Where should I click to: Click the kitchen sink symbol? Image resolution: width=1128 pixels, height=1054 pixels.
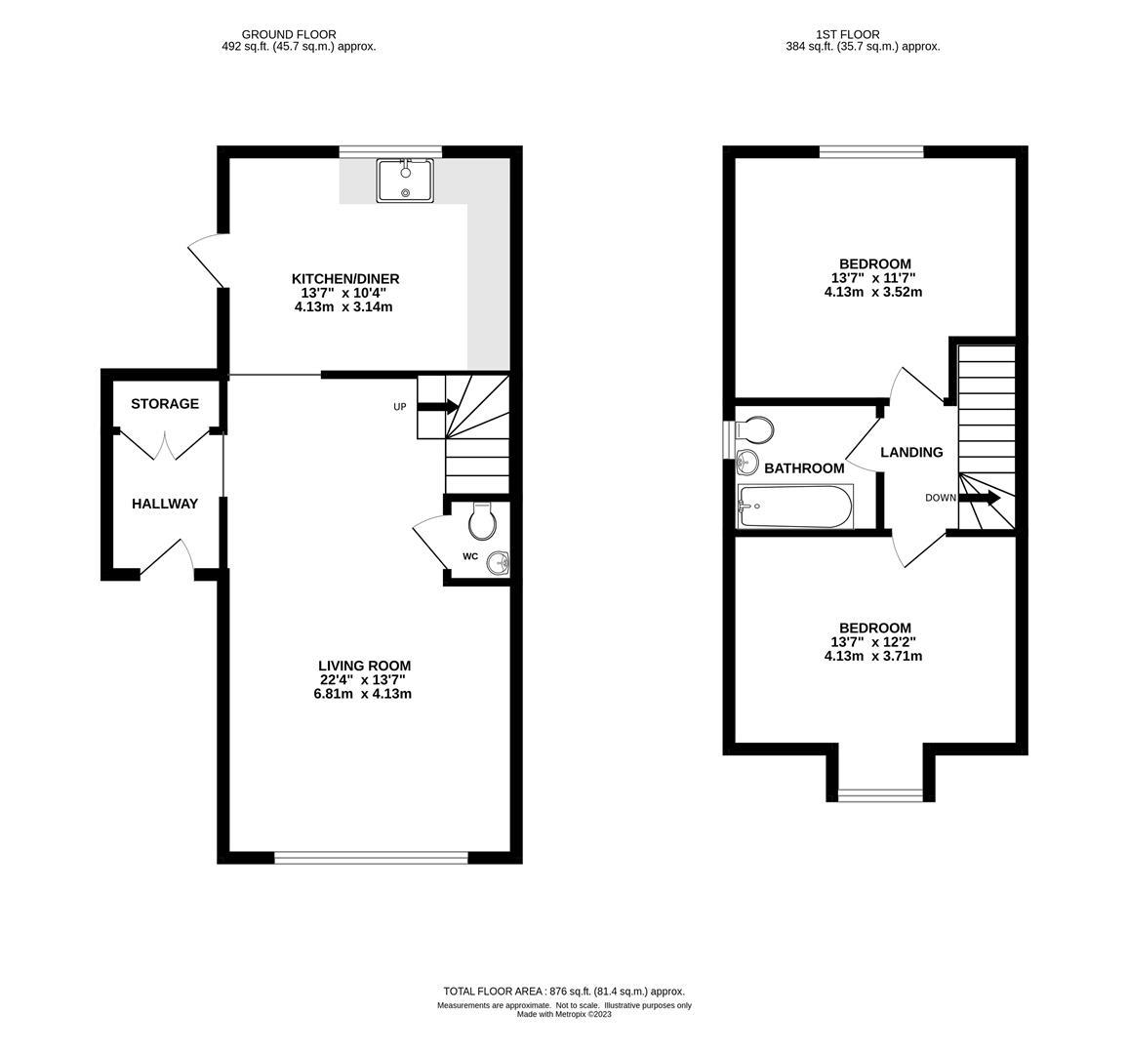(x=406, y=181)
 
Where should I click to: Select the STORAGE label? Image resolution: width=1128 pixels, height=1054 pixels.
(x=165, y=404)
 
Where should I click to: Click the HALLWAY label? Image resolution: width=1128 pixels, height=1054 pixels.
(x=165, y=505)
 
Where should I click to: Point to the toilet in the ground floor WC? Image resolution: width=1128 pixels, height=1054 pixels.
(x=482, y=522)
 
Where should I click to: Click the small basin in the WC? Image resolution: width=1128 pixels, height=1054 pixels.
(x=500, y=563)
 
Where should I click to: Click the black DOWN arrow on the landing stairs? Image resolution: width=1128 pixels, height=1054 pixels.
(x=980, y=499)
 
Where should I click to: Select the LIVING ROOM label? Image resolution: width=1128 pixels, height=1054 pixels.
(x=357, y=667)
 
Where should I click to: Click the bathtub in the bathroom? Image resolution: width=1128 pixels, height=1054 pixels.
(x=795, y=506)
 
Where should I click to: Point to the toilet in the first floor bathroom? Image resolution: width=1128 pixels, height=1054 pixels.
(x=754, y=428)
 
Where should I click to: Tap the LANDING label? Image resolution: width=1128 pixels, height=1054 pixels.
(x=911, y=453)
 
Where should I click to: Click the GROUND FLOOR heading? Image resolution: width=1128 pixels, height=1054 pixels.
(x=289, y=34)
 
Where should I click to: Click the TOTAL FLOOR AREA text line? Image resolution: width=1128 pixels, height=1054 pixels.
(x=564, y=991)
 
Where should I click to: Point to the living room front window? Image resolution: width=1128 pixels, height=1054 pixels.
(x=371, y=858)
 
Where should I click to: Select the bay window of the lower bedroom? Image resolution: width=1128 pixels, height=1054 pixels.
(x=880, y=794)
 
